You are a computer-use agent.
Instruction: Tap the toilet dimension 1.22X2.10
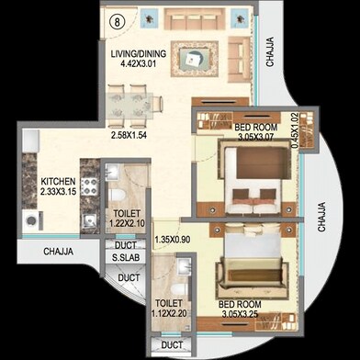pos(126,208)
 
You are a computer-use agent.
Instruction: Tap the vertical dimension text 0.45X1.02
pos(294,130)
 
